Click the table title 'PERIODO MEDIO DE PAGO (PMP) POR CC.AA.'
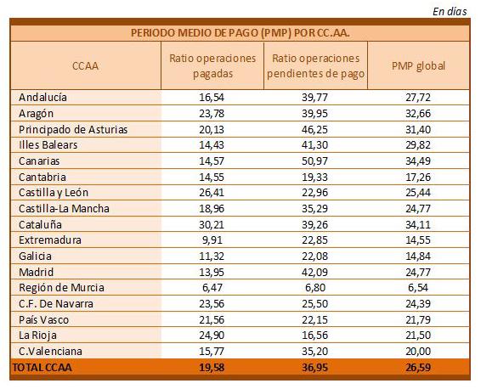click(240, 33)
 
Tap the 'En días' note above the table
click(450, 12)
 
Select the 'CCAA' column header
click(85, 66)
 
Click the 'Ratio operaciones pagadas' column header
click(212, 66)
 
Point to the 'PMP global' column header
click(418, 66)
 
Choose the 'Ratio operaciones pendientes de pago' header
click(315, 66)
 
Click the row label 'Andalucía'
click(42, 97)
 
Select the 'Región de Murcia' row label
click(61, 288)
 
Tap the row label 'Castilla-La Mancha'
click(64, 208)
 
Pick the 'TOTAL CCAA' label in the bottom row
click(42, 367)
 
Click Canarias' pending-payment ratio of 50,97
click(314, 161)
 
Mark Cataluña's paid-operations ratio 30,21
click(212, 225)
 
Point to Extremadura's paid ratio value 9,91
click(212, 240)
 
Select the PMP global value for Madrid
click(418, 272)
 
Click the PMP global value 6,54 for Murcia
click(418, 288)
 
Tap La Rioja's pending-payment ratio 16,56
click(314, 335)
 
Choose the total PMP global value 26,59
click(418, 367)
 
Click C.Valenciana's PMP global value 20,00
click(418, 352)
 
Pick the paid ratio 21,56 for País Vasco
click(212, 319)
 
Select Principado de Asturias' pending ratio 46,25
click(314, 129)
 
